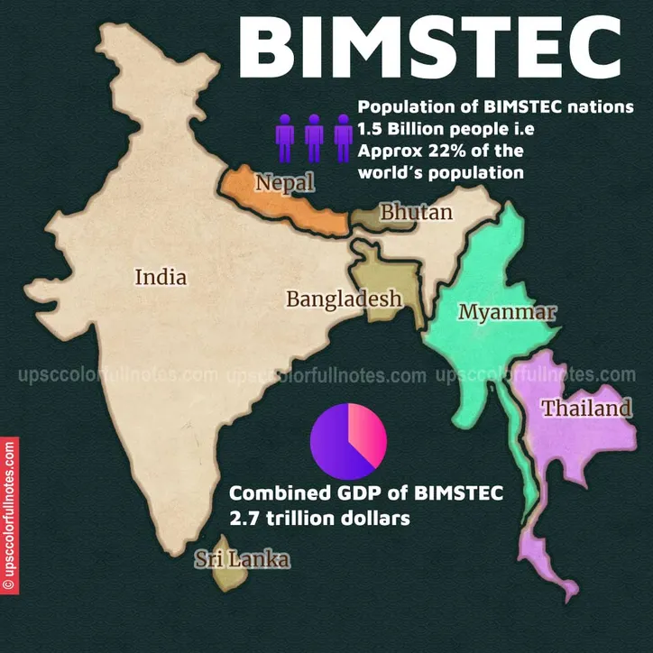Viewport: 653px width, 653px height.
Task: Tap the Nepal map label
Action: coord(284,183)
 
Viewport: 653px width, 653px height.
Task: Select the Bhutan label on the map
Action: coord(416,213)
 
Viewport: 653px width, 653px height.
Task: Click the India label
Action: coord(161,277)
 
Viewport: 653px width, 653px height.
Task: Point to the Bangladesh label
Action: coord(344,299)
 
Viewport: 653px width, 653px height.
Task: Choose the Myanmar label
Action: coord(507,312)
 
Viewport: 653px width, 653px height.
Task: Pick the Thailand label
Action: coord(586,409)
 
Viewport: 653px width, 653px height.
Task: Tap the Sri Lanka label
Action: coord(243,560)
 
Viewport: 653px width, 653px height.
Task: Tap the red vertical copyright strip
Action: coord(9,515)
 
